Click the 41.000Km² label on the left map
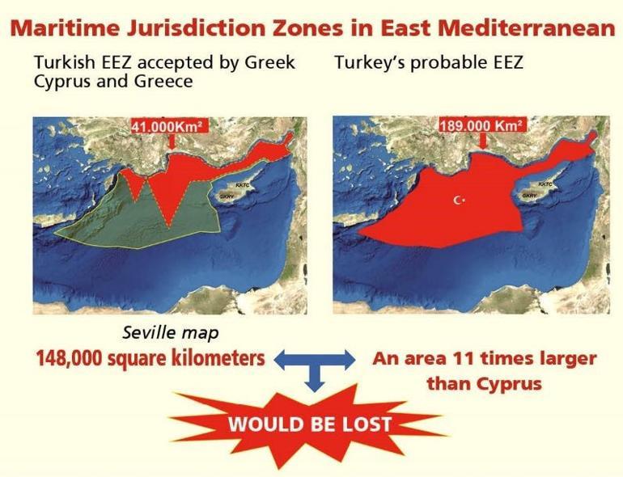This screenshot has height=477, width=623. [167, 125]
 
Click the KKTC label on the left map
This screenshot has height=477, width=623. [242, 187]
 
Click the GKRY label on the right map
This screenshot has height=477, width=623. [529, 195]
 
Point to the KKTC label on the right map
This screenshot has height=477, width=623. [545, 184]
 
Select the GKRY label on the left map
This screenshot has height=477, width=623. [227, 196]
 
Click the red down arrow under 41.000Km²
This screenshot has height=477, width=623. [172, 141]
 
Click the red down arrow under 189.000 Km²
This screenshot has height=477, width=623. [483, 141]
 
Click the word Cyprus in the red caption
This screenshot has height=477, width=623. [506, 382]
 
